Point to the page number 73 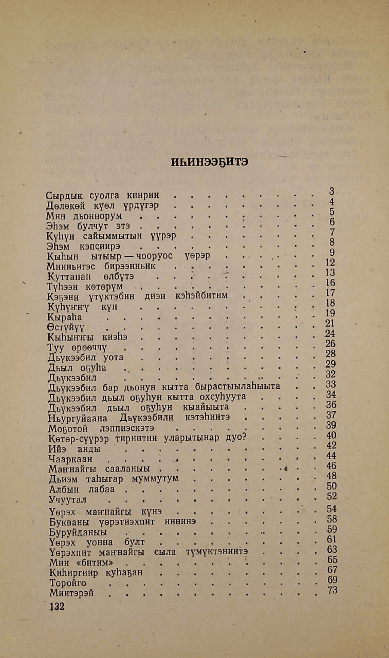pos(331,590)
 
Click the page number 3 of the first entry pos(331,192)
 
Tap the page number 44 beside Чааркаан pos(331,456)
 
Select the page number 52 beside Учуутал pos(331,496)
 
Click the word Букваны pos(68,521)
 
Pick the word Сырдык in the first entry pos(64,196)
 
